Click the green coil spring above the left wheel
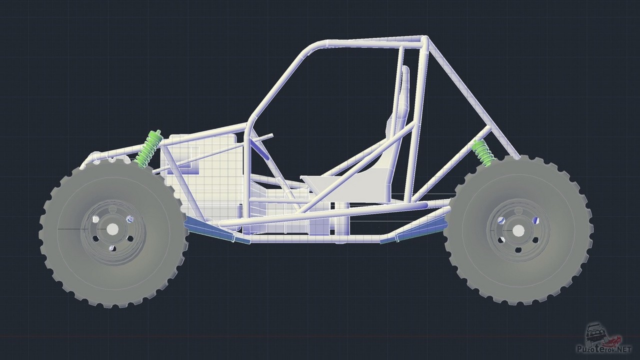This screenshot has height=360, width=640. (149, 149)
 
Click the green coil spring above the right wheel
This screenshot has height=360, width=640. (482, 153)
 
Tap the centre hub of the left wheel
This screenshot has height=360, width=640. (112, 228)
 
